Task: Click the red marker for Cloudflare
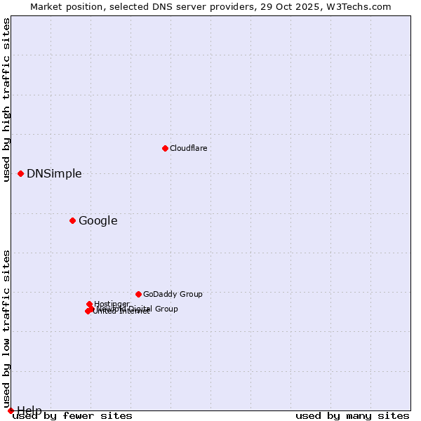pos(165,148)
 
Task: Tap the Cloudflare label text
pos(188,148)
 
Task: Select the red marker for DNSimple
pos(21,173)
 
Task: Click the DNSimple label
pos(54,174)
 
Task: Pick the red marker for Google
pos(72,220)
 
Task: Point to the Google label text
pos(98,221)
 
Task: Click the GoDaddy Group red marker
pos(138,294)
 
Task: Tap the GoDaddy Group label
pos(173,295)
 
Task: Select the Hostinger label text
pos(112,304)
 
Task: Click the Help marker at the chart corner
pos(11,410)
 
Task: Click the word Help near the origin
pos(29,410)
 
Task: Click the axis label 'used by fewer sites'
pos(73,416)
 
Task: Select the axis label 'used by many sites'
pos(352,416)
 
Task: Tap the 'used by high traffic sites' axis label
pos(7,100)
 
